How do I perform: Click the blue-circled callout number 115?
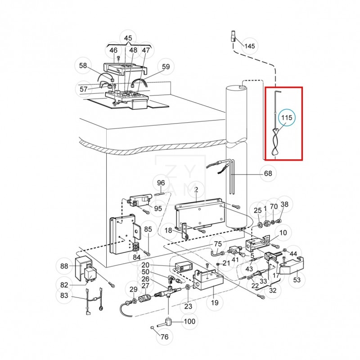tap(287, 118)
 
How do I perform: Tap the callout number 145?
tap(250, 46)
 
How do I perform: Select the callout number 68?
tap(268, 173)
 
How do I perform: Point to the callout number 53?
tap(297, 280)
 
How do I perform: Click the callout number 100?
tap(189, 321)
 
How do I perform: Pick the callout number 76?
tap(164, 337)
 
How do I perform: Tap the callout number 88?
tap(64, 266)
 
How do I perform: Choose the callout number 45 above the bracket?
tap(128, 38)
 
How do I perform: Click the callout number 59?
tap(166, 67)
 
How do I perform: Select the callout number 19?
tap(215, 303)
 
